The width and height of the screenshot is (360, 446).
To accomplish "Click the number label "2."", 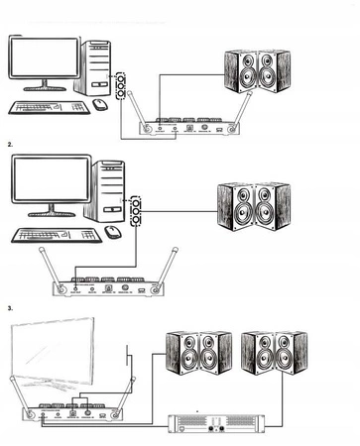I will [10, 145].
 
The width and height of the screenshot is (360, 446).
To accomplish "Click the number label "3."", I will [10, 308].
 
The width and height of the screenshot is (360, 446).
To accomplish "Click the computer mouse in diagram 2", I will [113, 232].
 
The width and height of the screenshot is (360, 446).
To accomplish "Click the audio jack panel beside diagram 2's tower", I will [135, 209].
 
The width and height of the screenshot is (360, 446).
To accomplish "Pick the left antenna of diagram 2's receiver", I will [50, 268].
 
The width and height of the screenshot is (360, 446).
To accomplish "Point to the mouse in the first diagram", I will [100, 103].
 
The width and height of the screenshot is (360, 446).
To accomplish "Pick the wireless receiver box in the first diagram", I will [186, 128].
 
